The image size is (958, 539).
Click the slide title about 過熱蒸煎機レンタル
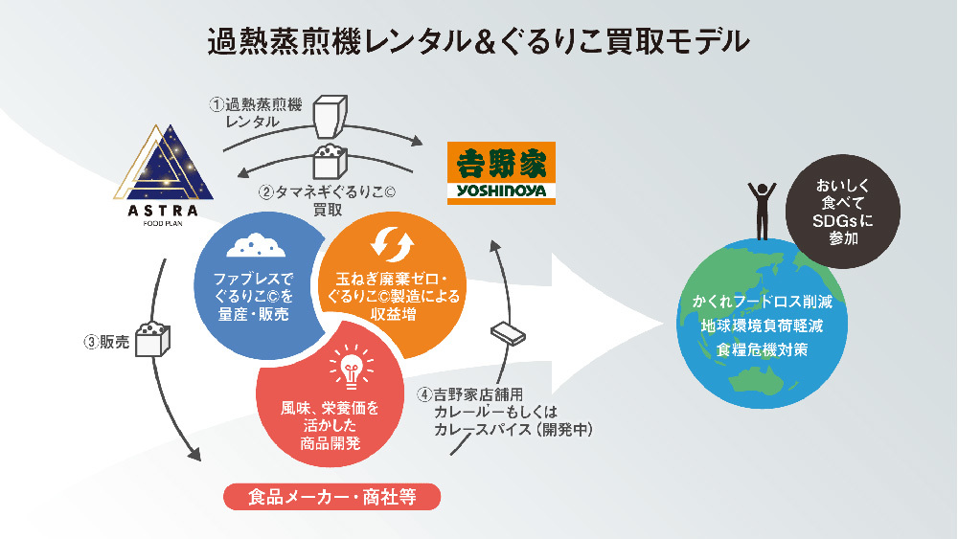(478, 42)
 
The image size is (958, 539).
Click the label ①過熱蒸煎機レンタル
(253, 113)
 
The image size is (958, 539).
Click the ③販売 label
(106, 341)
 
